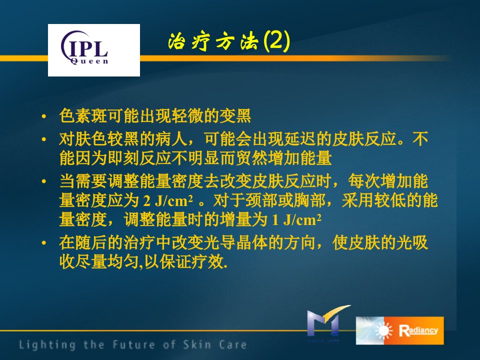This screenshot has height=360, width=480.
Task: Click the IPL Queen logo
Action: coord(94,50)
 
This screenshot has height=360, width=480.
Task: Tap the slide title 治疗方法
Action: coord(213,41)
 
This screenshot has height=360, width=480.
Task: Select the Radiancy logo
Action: coord(400,330)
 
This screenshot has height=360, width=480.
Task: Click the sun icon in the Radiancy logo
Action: coord(383,331)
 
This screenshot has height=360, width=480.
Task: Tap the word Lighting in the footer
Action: coord(47,344)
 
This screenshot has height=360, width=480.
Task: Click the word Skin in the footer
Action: coord(197,344)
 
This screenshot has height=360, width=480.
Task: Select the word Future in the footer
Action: coord(134,344)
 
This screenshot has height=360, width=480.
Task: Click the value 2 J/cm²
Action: coord(168,201)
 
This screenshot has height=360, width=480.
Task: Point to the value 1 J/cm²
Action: coord(296,220)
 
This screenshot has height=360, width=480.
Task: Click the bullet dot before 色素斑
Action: coord(44,116)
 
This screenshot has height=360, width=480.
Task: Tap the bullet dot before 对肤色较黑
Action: coord(44,139)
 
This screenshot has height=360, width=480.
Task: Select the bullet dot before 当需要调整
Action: coord(44,181)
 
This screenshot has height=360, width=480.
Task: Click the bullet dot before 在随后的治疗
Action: coord(44,243)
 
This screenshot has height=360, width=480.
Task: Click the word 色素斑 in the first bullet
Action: coord(83,116)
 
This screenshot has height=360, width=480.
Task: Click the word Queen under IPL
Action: coord(89,61)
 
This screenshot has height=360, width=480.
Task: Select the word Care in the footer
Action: coord(233,344)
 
